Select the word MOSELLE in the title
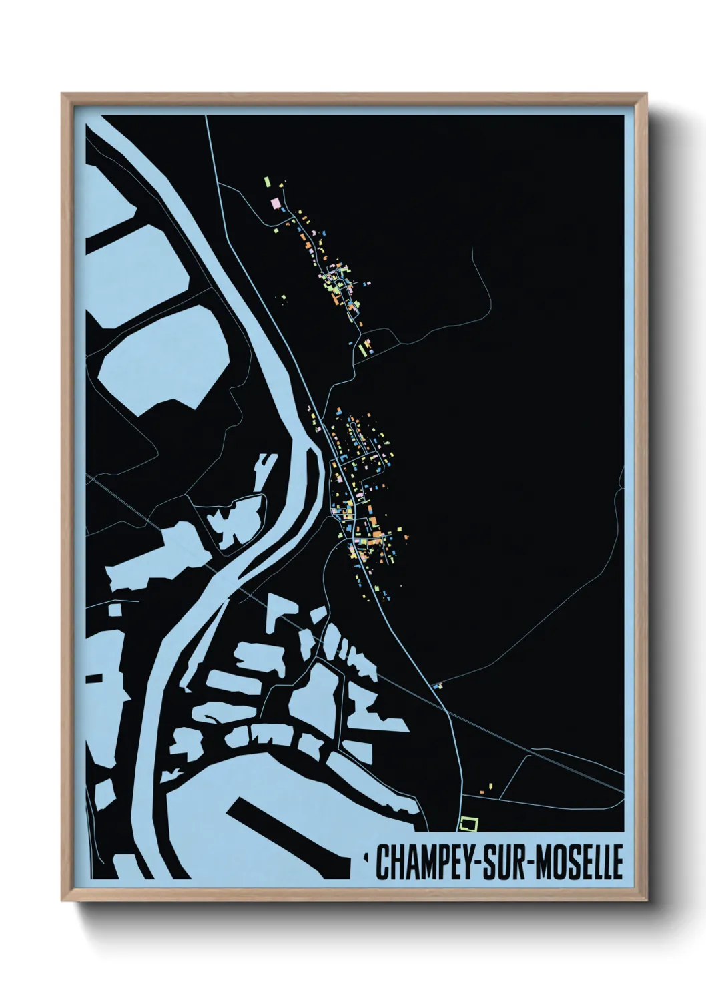(578, 862)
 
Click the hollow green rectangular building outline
(470, 824)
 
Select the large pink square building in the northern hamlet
(274, 203)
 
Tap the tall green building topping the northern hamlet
(267, 182)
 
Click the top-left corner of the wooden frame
(63, 95)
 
